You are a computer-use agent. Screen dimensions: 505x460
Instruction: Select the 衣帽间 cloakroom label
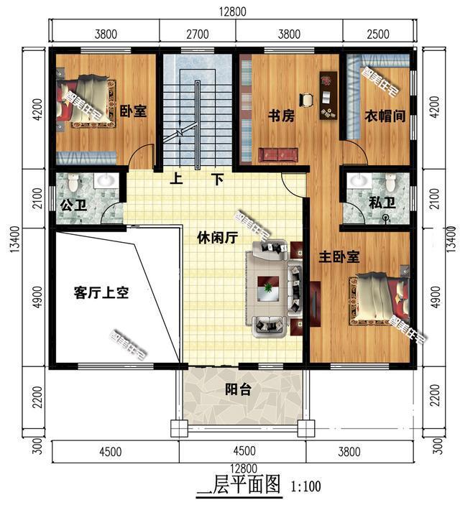pyautogui.click(x=381, y=116)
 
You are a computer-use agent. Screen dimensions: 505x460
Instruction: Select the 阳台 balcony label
pyautogui.click(x=238, y=390)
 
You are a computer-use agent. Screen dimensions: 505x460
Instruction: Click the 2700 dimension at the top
pyautogui.click(x=197, y=32)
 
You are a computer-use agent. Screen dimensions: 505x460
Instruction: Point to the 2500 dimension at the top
pyautogui.click(x=377, y=32)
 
